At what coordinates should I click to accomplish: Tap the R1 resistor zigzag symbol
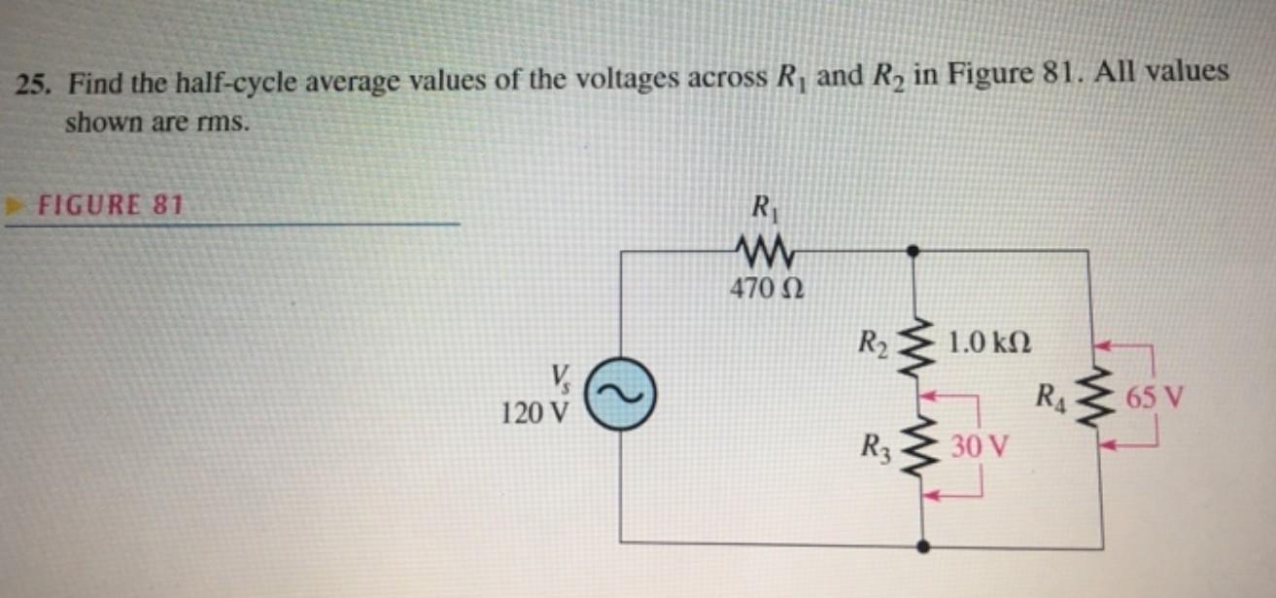click(x=762, y=256)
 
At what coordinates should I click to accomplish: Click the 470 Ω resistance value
click(x=762, y=289)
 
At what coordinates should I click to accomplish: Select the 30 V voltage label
click(x=979, y=447)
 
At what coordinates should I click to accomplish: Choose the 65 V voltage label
click(x=1154, y=399)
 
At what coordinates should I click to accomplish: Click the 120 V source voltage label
click(x=532, y=412)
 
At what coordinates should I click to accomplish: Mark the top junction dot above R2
click(x=913, y=250)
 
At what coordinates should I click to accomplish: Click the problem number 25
click(x=33, y=85)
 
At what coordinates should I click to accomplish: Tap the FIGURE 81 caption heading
click(x=108, y=205)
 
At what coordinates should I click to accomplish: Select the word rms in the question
click(x=212, y=124)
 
